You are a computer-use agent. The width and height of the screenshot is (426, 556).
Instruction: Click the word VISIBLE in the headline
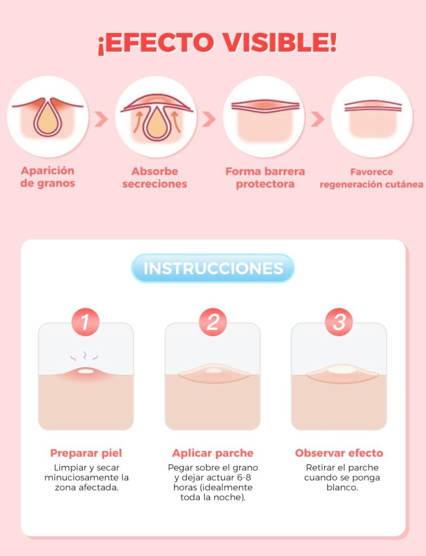279,42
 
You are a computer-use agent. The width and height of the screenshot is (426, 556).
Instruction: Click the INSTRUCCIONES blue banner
213,268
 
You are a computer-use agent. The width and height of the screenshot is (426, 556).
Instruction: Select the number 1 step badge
85,322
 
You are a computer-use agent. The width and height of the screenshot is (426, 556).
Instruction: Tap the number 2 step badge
213,322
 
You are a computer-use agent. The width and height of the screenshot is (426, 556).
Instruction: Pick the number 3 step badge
339,322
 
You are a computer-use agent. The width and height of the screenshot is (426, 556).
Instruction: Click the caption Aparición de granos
48,177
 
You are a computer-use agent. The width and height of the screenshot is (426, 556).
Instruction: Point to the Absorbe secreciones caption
155,178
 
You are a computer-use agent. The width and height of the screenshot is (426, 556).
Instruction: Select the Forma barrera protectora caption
265,178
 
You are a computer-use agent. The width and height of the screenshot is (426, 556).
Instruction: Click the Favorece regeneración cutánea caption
371,178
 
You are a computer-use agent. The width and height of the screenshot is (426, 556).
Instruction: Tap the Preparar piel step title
86,453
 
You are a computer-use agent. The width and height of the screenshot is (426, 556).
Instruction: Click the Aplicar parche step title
213,453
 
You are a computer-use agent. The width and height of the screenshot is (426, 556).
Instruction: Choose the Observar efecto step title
339,453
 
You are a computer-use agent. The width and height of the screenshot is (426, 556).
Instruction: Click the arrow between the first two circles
101,119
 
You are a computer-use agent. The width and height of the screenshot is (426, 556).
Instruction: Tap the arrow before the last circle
317,119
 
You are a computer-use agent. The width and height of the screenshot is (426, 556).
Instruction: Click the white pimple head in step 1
86,371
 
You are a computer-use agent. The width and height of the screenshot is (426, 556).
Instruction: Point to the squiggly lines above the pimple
84,356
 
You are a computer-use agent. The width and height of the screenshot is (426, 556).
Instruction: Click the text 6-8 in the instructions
244,477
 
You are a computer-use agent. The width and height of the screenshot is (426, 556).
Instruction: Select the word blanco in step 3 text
342,487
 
